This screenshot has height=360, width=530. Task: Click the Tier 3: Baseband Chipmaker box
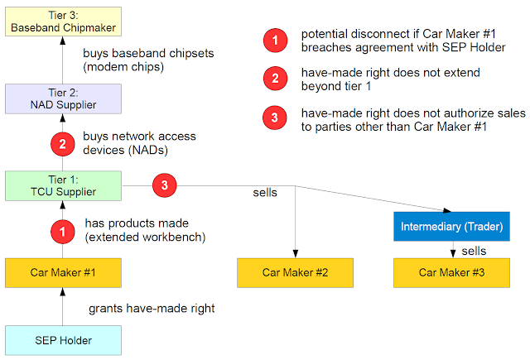[63, 22]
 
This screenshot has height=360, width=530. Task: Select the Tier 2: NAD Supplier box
[63, 98]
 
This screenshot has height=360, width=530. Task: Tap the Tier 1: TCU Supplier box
[63, 185]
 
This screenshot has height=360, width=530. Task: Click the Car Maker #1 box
[63, 273]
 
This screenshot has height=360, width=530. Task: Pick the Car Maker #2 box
[295, 273]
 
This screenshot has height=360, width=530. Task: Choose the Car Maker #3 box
[451, 273]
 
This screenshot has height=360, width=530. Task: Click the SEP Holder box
[63, 340]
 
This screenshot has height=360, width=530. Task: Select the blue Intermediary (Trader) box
[451, 226]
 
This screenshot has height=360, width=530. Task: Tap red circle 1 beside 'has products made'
[63, 232]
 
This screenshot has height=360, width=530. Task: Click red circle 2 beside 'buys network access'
[63, 144]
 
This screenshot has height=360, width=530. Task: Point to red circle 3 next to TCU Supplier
[164, 185]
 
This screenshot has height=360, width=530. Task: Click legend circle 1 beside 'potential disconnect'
[276, 41]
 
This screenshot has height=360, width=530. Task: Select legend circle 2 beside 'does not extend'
[276, 79]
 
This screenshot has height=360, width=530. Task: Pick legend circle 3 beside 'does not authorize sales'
[275, 118]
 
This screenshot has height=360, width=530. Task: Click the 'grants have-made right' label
[152, 309]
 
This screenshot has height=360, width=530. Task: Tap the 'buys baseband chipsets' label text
[148, 53]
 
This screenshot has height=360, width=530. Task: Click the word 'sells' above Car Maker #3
[474, 251]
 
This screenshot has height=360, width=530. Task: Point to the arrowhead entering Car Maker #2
[296, 254]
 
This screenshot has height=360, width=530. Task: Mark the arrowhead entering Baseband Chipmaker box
[63, 41]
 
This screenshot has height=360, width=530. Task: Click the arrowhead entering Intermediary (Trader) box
[447, 210]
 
